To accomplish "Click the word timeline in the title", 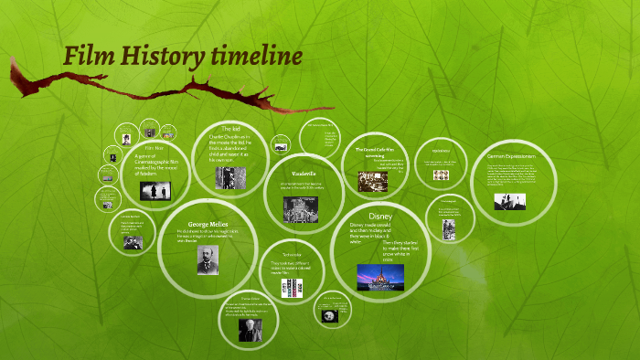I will pos(257,57).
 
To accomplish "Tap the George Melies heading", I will pos(208,224).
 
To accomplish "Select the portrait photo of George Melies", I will pos(208,261).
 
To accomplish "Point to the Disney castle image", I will pos(379,276).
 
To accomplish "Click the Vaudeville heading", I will pos(304,173).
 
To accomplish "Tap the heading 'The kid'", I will pos(230,129).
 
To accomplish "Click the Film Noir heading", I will pos(155,147).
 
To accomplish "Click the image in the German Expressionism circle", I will pos(509,201).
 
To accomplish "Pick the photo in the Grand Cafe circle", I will pos(371,181).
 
